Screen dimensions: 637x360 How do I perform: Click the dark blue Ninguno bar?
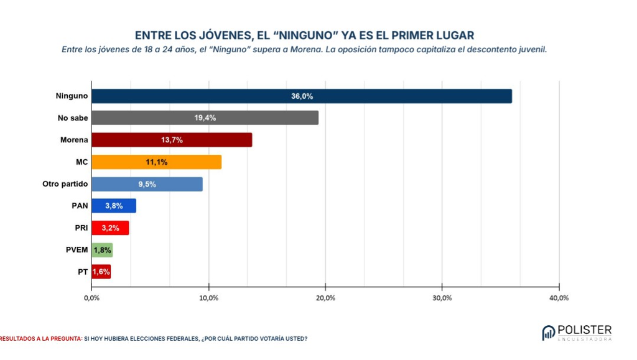click(x=302, y=96)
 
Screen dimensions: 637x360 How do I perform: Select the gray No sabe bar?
click(x=205, y=118)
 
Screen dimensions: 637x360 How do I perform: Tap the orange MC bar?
click(x=157, y=162)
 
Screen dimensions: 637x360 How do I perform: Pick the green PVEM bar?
click(x=103, y=250)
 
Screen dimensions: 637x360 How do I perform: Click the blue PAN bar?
click(x=114, y=206)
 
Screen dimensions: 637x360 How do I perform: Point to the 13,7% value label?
click(x=172, y=140)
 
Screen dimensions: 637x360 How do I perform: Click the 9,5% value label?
click(x=147, y=184)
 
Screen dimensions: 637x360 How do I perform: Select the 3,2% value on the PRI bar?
click(x=111, y=228)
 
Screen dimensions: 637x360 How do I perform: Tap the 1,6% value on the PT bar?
click(x=101, y=272)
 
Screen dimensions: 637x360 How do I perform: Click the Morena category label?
click(x=74, y=140)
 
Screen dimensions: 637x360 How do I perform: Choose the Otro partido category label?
click(x=65, y=184)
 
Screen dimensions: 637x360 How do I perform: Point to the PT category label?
click(x=83, y=272)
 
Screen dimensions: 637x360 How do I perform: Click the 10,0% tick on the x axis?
click(x=209, y=298)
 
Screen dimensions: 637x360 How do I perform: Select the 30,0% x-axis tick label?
click(x=442, y=298)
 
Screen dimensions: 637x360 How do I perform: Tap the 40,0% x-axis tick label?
click(x=559, y=298)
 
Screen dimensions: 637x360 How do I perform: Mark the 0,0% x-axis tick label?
click(x=92, y=298)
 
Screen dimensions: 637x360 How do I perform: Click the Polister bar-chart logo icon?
click(x=549, y=333)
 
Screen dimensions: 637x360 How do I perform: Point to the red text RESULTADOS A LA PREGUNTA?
click(x=41, y=338)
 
